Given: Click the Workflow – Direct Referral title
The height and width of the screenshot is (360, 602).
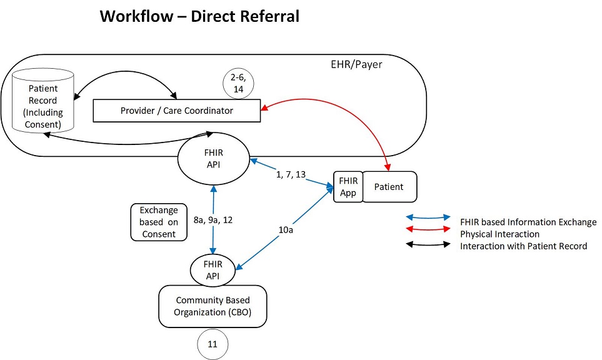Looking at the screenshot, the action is pyautogui.click(x=199, y=16).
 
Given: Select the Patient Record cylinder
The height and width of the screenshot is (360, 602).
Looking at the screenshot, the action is pyautogui.click(x=43, y=101).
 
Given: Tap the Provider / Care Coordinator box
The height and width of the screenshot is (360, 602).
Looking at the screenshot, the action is pyautogui.click(x=177, y=111).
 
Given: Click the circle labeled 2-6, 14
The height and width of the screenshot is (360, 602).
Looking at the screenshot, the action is pyautogui.click(x=238, y=83).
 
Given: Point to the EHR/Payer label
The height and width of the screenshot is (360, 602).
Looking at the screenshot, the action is pyautogui.click(x=356, y=64).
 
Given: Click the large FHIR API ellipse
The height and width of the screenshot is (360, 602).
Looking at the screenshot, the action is pyautogui.click(x=213, y=159).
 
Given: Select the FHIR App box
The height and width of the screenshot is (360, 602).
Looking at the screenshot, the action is pyautogui.click(x=348, y=187).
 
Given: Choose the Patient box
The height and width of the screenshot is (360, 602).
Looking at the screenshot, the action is pyautogui.click(x=389, y=187).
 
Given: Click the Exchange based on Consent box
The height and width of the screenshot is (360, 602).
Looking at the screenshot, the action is pyautogui.click(x=159, y=222).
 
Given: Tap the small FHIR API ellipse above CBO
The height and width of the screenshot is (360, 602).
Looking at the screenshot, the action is pyautogui.click(x=213, y=270).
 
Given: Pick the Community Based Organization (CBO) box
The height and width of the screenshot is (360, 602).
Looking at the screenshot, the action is pyautogui.click(x=213, y=306).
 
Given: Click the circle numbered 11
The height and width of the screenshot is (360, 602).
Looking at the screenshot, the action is pyautogui.click(x=213, y=344).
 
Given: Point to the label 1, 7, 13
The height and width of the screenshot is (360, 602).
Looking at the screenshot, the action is pyautogui.click(x=291, y=174).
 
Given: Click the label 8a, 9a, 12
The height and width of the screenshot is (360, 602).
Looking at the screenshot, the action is pyautogui.click(x=213, y=220).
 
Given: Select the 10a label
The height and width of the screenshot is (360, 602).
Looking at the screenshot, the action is pyautogui.click(x=286, y=230).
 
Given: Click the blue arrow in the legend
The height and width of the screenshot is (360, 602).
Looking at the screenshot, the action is pyautogui.click(x=428, y=217).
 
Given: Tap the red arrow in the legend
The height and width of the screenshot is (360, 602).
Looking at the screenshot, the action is pyautogui.click(x=428, y=230).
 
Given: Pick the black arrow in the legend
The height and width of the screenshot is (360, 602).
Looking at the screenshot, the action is pyautogui.click(x=428, y=244).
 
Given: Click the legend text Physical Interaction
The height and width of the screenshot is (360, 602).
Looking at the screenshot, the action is pyautogui.click(x=500, y=234).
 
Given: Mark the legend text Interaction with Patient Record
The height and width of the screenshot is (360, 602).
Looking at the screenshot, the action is pyautogui.click(x=524, y=246).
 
